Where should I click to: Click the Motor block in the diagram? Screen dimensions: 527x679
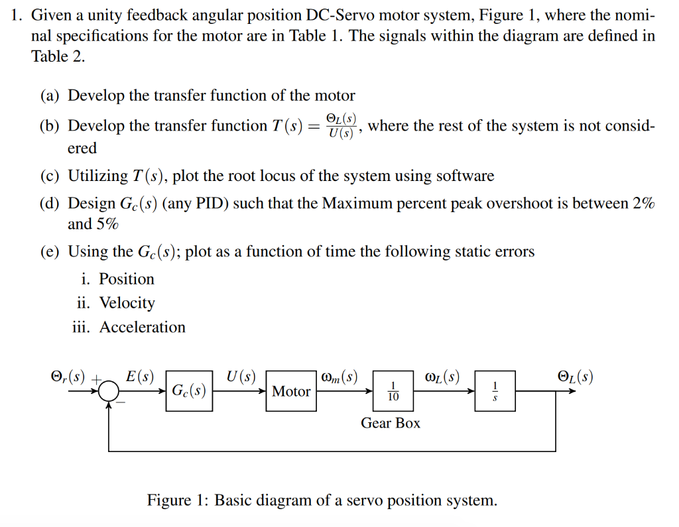pyautogui.click(x=290, y=392)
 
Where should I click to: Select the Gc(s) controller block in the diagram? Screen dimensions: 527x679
pyautogui.click(x=189, y=391)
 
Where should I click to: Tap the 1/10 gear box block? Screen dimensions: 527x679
pyautogui.click(x=393, y=392)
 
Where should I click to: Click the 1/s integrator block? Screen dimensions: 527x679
pyautogui.click(x=494, y=392)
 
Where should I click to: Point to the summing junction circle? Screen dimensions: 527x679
pyautogui.click(x=109, y=392)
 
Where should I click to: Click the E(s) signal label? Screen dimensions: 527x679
pyautogui.click(x=140, y=377)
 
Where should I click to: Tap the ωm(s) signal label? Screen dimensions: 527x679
pyautogui.click(x=339, y=377)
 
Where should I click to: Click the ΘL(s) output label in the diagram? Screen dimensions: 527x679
pyautogui.click(x=575, y=377)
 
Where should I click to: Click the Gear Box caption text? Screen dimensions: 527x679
pyautogui.click(x=390, y=423)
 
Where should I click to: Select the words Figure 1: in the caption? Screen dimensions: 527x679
pyautogui.click(x=178, y=500)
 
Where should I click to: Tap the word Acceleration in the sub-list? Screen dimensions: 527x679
pyautogui.click(x=142, y=327)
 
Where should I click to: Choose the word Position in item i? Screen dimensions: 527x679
pyautogui.click(x=126, y=279)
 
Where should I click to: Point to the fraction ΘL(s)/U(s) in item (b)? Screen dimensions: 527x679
pyautogui.click(x=341, y=125)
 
